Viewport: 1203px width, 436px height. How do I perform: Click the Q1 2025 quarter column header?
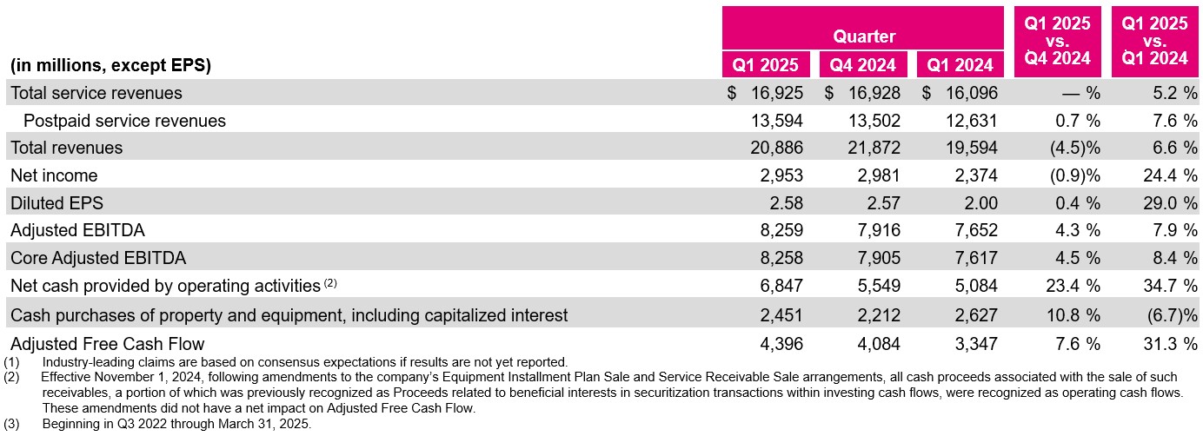tap(766, 64)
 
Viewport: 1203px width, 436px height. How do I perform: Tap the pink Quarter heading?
tap(864, 36)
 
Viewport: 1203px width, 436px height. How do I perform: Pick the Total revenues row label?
tap(67, 148)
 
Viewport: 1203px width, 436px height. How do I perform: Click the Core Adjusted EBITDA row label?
tap(98, 258)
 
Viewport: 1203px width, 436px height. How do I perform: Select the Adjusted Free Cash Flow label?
tap(108, 344)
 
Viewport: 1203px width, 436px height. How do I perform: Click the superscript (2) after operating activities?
tap(330, 282)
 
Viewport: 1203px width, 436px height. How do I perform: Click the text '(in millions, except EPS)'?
tap(110, 65)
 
